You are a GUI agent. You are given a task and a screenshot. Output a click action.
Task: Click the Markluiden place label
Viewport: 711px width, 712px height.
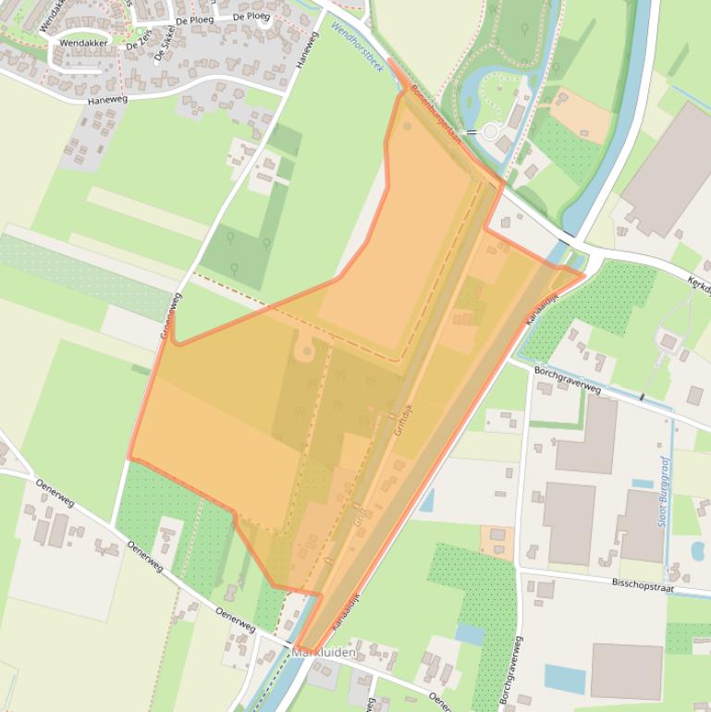324,652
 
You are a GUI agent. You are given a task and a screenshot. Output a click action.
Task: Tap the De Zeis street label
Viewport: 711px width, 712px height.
139,40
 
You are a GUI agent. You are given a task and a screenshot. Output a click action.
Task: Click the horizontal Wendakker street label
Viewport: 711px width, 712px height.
83,43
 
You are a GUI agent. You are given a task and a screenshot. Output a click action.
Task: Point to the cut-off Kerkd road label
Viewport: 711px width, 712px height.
698,286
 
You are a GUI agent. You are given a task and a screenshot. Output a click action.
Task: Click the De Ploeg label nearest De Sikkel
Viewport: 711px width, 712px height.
194,19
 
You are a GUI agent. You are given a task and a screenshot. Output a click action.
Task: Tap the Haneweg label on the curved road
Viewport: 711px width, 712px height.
106,99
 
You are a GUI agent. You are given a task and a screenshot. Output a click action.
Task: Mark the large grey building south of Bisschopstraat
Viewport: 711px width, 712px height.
626,671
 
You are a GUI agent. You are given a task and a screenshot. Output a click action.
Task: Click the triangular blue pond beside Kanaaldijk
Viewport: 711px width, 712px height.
426,501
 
